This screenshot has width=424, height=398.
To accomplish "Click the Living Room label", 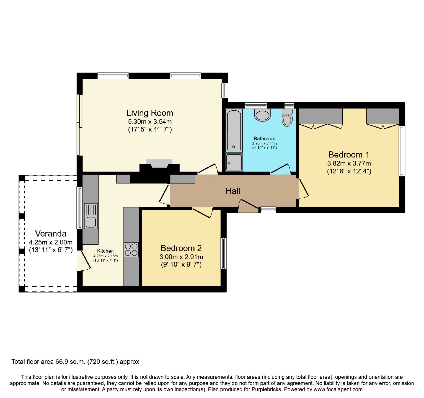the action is tap(150, 113).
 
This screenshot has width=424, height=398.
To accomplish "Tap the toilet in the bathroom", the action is tap(287, 117).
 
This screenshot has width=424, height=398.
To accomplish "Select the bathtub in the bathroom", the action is tap(234, 130).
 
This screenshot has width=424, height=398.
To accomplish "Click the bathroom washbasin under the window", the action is tap(262, 115).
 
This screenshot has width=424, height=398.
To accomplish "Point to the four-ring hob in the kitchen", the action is tap(131, 250).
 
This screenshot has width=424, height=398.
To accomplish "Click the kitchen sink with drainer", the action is tap(91, 216).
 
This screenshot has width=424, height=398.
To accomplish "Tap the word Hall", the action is tap(233, 191).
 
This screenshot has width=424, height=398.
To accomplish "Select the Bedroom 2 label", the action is tap(181, 248).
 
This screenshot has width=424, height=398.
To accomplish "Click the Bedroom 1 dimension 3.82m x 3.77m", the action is tap(349, 163).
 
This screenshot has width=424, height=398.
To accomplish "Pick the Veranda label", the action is tap(51, 234).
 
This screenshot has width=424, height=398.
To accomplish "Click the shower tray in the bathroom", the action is tap(234, 162).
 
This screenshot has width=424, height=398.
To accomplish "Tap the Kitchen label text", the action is tap(105, 251).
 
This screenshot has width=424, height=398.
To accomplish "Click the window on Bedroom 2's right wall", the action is tap(224, 253).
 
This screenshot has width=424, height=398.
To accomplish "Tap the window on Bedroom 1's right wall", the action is tap(402, 151).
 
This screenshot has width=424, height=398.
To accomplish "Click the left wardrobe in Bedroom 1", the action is tap(321, 116).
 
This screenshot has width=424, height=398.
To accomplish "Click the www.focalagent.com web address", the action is tap(338, 390).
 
